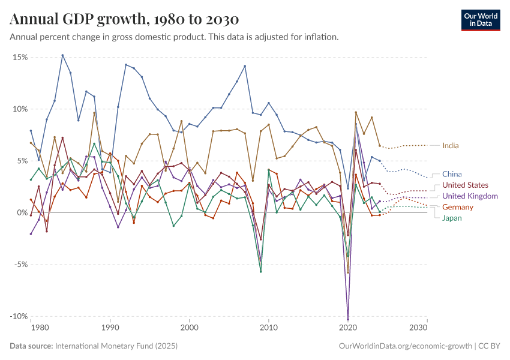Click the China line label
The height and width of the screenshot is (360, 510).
452,175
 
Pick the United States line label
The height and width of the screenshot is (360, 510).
465,185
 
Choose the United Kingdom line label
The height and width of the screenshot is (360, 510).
470,196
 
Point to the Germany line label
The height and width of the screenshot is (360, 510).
458,207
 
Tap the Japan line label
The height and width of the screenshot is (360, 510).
452,218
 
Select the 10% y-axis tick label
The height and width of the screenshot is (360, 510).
20,109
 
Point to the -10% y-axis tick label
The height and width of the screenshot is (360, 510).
18,316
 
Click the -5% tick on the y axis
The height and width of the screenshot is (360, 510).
20,265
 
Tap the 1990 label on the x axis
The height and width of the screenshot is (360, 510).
110,328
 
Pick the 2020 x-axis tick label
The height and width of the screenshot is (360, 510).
347,328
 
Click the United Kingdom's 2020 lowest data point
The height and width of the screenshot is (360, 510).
347,319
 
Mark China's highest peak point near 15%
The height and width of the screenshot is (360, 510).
62,55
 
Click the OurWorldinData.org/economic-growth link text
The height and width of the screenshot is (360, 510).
406,346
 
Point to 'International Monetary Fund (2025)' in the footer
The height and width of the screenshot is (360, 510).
116,346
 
